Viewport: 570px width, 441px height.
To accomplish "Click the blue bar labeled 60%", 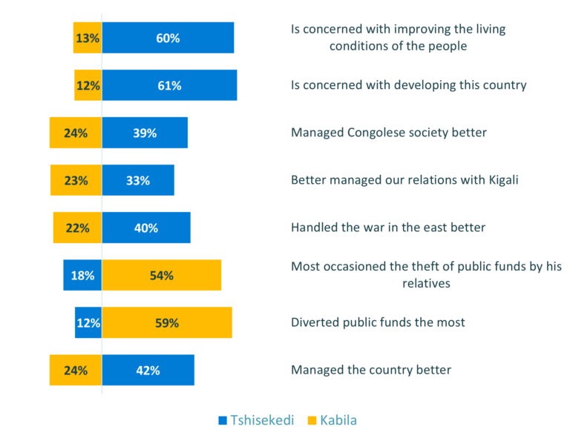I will click(x=168, y=38).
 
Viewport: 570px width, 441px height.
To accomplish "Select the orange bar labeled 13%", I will click(x=88, y=38).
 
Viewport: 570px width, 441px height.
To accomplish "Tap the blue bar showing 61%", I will click(x=169, y=85).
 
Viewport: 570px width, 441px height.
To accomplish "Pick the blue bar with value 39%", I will click(x=145, y=133).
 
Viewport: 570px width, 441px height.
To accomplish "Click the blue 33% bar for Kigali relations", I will click(x=138, y=180).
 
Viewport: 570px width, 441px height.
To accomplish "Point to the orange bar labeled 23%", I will click(x=76, y=180).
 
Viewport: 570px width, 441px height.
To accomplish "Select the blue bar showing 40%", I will click(x=146, y=228).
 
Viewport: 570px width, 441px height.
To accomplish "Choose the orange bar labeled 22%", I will click(x=77, y=228).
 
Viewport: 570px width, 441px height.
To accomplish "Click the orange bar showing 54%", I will click(x=162, y=275).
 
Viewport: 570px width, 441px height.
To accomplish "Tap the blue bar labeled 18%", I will click(x=82, y=275).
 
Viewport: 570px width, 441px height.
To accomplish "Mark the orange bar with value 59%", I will click(x=167, y=322).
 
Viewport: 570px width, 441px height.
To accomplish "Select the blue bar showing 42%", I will click(x=148, y=370).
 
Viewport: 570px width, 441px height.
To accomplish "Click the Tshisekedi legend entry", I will click(x=256, y=420).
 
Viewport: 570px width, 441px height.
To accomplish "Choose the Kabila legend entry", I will click(x=332, y=420).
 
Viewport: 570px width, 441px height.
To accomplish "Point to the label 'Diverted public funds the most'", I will click(x=378, y=322).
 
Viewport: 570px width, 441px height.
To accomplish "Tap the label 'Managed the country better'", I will click(x=370, y=370).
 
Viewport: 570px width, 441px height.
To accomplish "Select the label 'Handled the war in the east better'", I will click(x=387, y=228).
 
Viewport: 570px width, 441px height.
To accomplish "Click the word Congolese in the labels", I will click(x=376, y=133).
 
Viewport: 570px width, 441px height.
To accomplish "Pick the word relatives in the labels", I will click(x=426, y=283).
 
